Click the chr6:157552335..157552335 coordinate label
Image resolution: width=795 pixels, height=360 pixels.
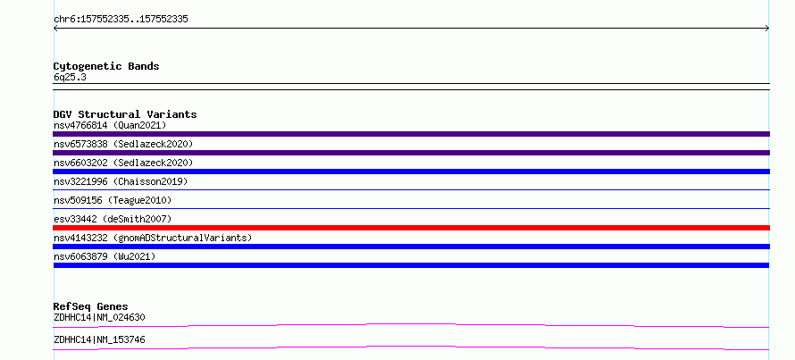point(121,20)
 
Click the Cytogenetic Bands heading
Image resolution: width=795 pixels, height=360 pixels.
point(106,66)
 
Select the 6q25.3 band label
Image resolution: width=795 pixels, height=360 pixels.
point(70,78)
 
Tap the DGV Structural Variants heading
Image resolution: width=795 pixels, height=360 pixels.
point(125,114)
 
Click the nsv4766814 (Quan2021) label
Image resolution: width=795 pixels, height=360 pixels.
point(110,125)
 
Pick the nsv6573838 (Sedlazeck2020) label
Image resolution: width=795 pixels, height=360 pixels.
point(123,144)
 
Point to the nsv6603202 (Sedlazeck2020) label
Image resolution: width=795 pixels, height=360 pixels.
point(123,163)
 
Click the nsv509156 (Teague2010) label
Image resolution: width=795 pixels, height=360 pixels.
point(113,200)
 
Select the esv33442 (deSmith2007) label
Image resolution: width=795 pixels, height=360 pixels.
point(113,219)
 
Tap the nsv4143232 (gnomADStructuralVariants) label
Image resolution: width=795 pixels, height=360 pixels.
point(153,238)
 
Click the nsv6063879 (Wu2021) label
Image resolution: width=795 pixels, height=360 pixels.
point(105,256)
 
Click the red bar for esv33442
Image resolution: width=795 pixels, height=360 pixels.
point(411,228)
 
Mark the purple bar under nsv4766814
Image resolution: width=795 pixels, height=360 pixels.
point(411,134)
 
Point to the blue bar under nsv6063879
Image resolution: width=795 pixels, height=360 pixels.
point(411,265)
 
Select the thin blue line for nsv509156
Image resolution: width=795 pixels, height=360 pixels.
point(411,208)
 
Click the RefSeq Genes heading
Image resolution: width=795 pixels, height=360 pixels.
point(90,306)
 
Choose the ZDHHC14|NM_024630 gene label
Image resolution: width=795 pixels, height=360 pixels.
point(99,318)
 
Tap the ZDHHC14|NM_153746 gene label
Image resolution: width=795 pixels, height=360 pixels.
point(99,339)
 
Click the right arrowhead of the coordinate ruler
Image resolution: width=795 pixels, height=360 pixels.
point(768,29)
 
